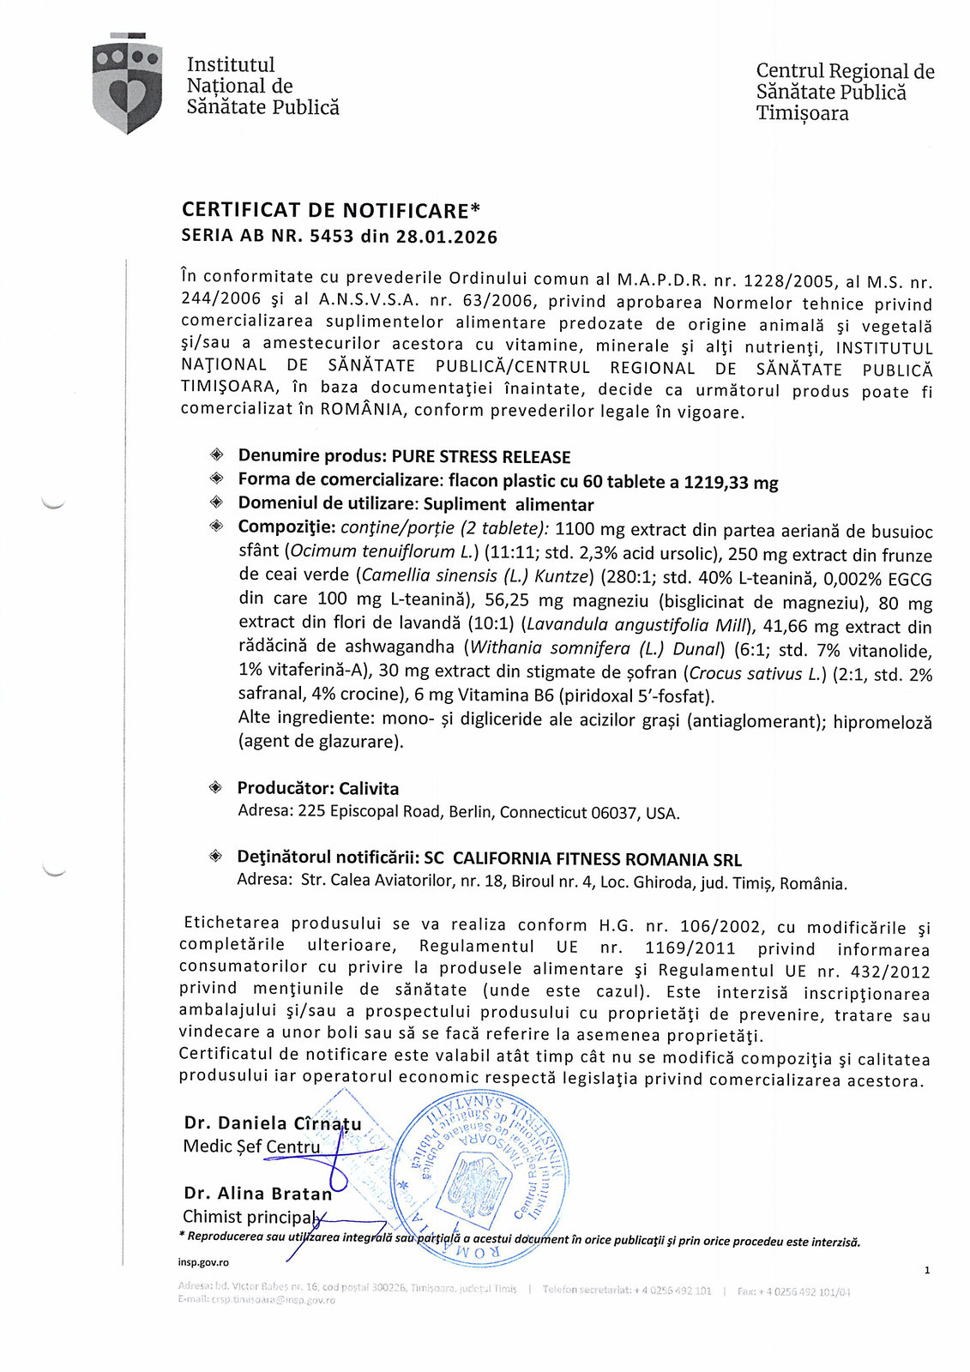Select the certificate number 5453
coord(331,237)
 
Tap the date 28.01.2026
coord(446,238)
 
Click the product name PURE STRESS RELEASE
coord(481,457)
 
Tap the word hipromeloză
coord(883,723)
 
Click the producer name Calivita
coord(369,788)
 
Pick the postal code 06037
coord(615,812)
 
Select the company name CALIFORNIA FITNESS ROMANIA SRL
coord(597,859)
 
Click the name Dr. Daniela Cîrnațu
coord(273,1123)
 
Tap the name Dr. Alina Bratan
coord(258,1193)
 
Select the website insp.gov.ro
coord(203,1262)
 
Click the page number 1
coord(927,1271)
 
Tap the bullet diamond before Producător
coord(216,787)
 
